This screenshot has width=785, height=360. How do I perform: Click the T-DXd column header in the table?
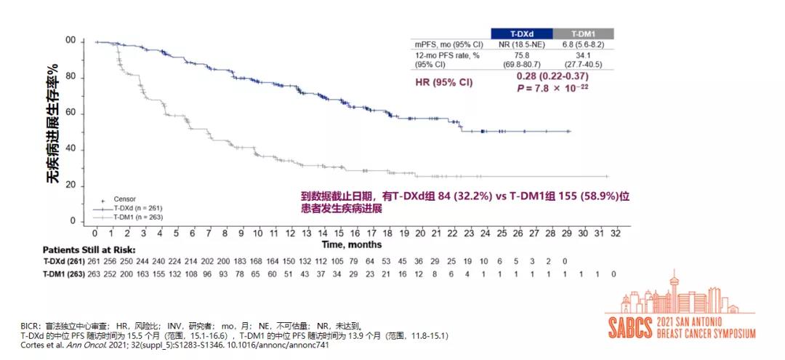pyautogui.click(x=521, y=33)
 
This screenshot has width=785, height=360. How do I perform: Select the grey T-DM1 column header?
pyautogui.click(x=584, y=33)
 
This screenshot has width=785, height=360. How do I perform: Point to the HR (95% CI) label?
pyautogui.click(x=443, y=82)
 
